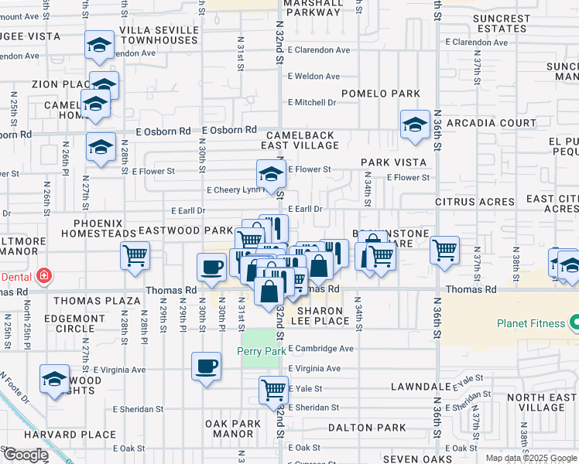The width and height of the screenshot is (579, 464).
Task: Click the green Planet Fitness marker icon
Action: click(574, 322)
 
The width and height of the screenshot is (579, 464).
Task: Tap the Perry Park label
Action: click(261, 353)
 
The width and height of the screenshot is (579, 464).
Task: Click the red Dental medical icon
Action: click(44, 275)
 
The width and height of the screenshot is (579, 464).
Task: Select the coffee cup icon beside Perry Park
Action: click(206, 366)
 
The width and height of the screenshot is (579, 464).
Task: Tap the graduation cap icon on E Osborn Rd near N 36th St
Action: click(416, 124)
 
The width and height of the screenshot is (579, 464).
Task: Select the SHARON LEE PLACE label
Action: click(321, 315)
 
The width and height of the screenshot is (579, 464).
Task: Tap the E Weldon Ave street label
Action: click(313, 77)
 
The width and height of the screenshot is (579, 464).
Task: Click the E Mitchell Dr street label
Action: click(312, 102)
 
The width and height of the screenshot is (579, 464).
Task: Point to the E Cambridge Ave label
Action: click(320, 349)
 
